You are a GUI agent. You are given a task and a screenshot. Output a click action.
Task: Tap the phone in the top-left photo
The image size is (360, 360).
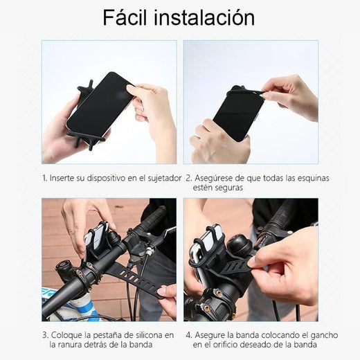[x=100, y=103]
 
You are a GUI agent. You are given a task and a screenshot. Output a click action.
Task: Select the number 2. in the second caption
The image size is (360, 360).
[x=188, y=178]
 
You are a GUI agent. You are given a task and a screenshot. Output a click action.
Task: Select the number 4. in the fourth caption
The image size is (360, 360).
[x=188, y=335]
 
